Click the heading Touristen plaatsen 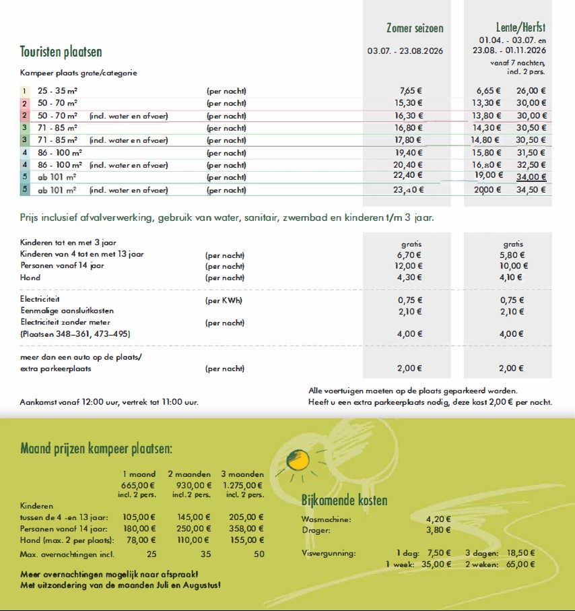[x=61, y=52]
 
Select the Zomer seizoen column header [x=415, y=28]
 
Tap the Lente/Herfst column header [x=518, y=28]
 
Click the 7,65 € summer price [x=411, y=90]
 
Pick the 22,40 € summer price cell [x=408, y=176]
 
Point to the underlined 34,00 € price [x=531, y=177]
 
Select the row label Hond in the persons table [x=30, y=278]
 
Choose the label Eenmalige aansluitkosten [x=67, y=311]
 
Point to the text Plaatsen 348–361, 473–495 [x=75, y=334]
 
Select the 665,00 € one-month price [x=138, y=485]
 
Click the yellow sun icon [x=297, y=461]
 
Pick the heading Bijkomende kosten [x=344, y=501]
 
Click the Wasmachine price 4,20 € [x=438, y=519]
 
